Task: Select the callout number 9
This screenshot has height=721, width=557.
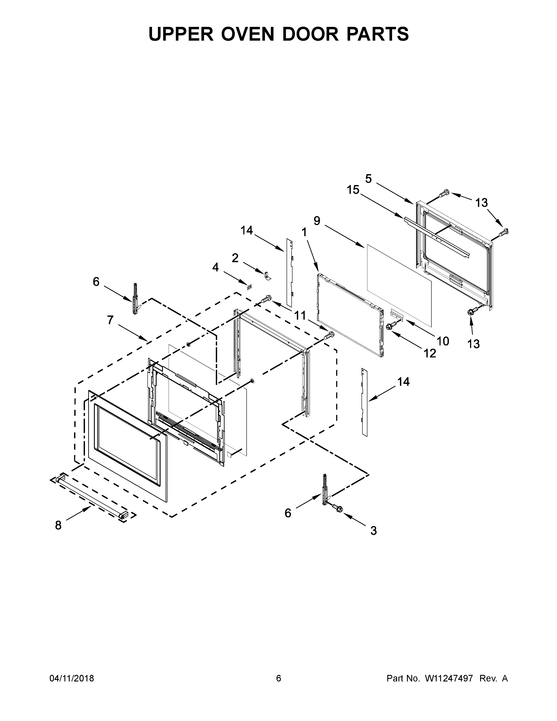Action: point(317,221)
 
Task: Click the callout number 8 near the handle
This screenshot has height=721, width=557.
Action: point(58,525)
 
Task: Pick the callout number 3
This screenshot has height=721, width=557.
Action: point(373,530)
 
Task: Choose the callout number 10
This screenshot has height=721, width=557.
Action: point(443,341)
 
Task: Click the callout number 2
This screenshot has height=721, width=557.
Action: point(235,258)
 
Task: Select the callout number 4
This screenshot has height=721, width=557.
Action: point(215,267)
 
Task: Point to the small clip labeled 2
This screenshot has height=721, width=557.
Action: point(268,275)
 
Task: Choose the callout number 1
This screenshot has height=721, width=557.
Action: point(304,232)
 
